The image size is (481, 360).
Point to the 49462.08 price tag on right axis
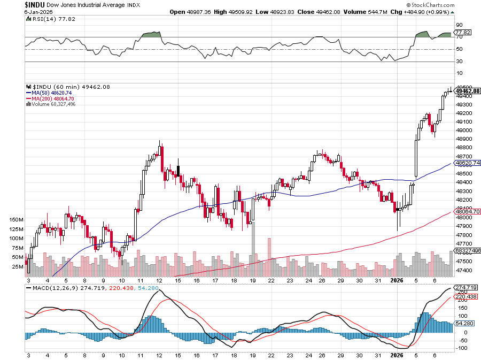click(x=467, y=91)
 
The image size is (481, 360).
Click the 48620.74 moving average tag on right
click(x=467, y=163)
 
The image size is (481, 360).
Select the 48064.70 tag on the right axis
click(x=467, y=212)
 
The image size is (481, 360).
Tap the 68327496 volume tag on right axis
click(x=467, y=250)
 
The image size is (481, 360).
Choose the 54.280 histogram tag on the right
click(x=464, y=324)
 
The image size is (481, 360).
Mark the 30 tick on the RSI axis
click(x=459, y=62)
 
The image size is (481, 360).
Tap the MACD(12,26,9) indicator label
click(x=53, y=289)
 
